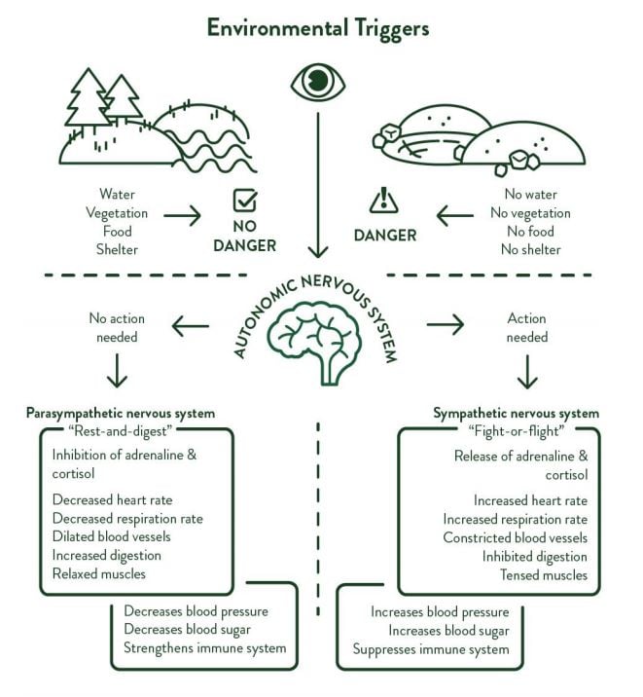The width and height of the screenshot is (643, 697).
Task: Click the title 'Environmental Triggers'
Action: click(317, 27)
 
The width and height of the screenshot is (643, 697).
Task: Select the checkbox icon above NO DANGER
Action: click(245, 201)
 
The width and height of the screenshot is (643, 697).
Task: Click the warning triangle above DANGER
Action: click(383, 201)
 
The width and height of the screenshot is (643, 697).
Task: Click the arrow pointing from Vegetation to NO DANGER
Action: click(182, 214)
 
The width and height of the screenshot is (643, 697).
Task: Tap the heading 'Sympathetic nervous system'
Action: click(516, 414)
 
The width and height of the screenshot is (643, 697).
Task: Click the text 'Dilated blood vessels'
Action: click(113, 536)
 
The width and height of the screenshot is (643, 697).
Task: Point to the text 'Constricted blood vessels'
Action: click(515, 537)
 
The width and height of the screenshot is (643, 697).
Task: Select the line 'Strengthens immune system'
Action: click(204, 648)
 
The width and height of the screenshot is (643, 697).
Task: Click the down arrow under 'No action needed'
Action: click(117, 371)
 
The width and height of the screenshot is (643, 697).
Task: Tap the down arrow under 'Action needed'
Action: click(526, 371)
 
